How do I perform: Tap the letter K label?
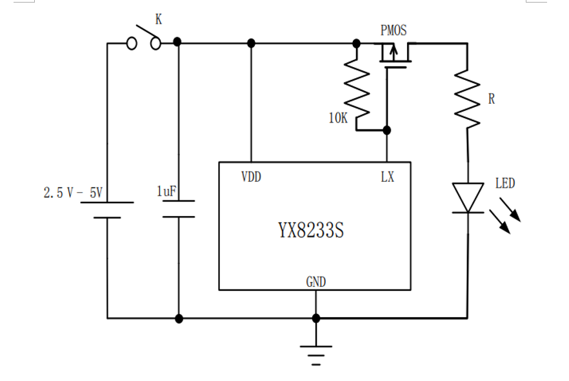click(x=158, y=19)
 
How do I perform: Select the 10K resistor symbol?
click(x=357, y=87)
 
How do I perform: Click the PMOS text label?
click(x=394, y=30)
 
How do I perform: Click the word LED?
click(x=505, y=184)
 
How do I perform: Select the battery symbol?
click(x=107, y=210)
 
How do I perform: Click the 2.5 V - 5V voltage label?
click(x=74, y=193)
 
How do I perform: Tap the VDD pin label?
click(x=251, y=177)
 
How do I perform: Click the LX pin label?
click(x=387, y=177)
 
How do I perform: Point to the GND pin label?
click(x=315, y=282)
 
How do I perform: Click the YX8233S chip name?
click(x=312, y=230)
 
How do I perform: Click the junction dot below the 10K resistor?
click(x=386, y=130)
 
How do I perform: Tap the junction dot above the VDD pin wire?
click(x=251, y=43)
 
